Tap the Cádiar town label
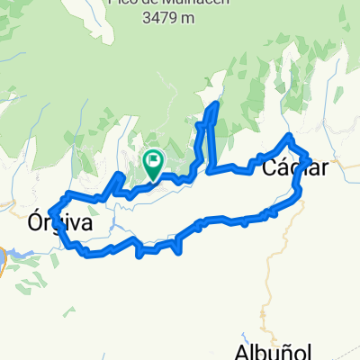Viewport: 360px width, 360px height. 294,167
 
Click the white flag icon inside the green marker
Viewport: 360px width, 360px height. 153,163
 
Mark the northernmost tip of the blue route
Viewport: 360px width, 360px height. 215,105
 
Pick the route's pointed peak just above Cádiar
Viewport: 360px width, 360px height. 289,136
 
